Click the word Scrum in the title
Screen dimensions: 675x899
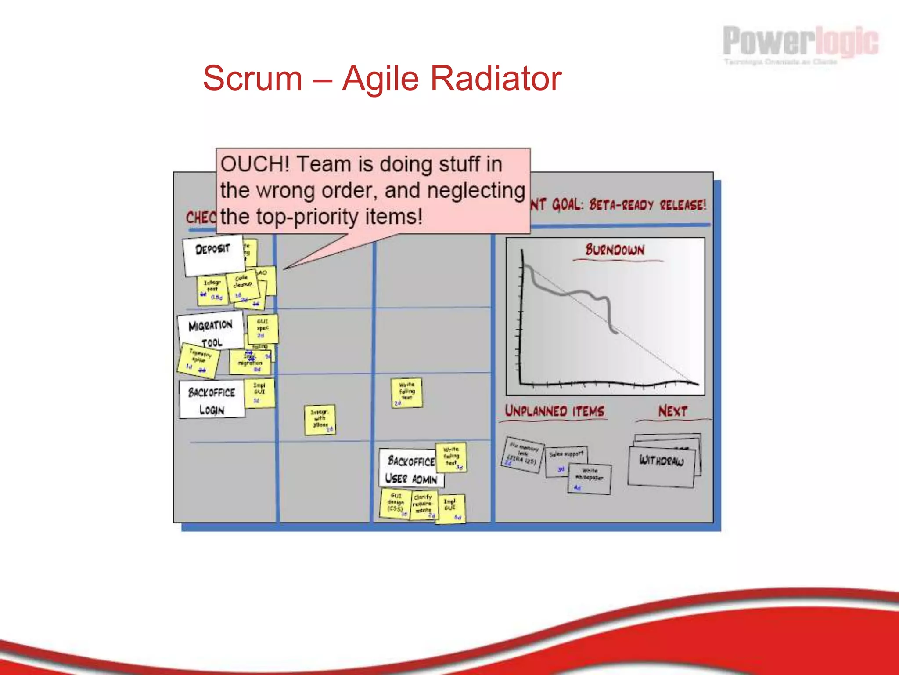click(252, 78)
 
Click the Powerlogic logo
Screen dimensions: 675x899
click(800, 44)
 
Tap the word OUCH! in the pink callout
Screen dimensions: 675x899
click(255, 164)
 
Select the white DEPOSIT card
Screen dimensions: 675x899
click(213, 255)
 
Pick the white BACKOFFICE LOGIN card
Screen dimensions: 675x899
click(212, 400)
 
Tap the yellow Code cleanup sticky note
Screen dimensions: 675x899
click(243, 285)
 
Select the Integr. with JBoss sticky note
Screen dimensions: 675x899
click(320, 420)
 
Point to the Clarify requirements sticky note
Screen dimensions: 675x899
click(424, 505)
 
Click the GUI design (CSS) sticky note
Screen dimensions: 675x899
click(396, 504)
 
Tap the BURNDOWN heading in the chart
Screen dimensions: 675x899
click(615, 250)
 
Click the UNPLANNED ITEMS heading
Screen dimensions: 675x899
click(554, 411)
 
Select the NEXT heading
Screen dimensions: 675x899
click(672, 411)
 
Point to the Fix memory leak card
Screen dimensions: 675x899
click(522, 454)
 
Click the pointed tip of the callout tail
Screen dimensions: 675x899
click(284, 269)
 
